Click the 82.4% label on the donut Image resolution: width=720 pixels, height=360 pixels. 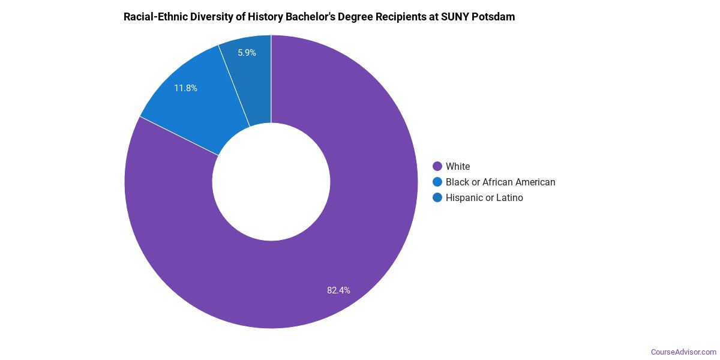338,290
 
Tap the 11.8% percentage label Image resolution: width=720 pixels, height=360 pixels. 185,88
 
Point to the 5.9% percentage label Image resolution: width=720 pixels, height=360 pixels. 247,53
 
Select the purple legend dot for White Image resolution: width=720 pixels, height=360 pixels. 437,166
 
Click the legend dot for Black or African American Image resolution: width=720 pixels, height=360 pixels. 437,182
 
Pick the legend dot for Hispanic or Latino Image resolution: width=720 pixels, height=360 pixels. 437,197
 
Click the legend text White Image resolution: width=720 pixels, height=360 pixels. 458,166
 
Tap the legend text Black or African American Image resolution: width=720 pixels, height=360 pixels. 500,182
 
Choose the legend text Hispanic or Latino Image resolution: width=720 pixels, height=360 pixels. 484,197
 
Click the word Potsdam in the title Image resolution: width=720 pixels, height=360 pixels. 495,17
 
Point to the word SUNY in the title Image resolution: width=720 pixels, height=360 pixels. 458,17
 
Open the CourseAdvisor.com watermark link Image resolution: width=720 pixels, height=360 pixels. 683,352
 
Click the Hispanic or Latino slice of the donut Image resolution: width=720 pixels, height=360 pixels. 248,78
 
